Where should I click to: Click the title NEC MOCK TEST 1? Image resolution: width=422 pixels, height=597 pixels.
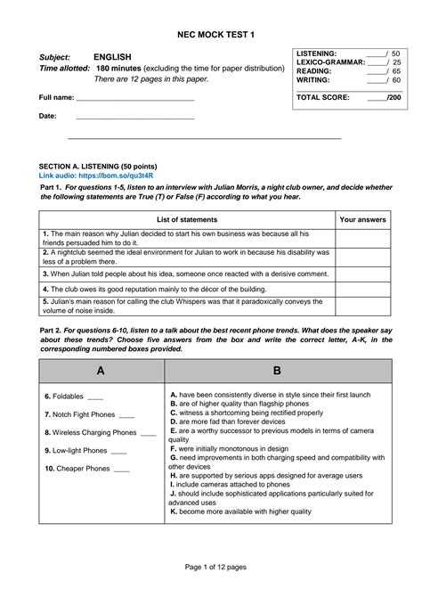[210, 34]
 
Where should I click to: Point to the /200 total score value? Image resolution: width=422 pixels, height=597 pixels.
[393, 96]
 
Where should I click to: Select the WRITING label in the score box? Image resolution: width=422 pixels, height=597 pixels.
[312, 80]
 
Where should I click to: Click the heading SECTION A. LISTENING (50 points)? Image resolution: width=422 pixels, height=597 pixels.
[98, 167]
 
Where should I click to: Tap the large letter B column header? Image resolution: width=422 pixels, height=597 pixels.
[277, 371]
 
